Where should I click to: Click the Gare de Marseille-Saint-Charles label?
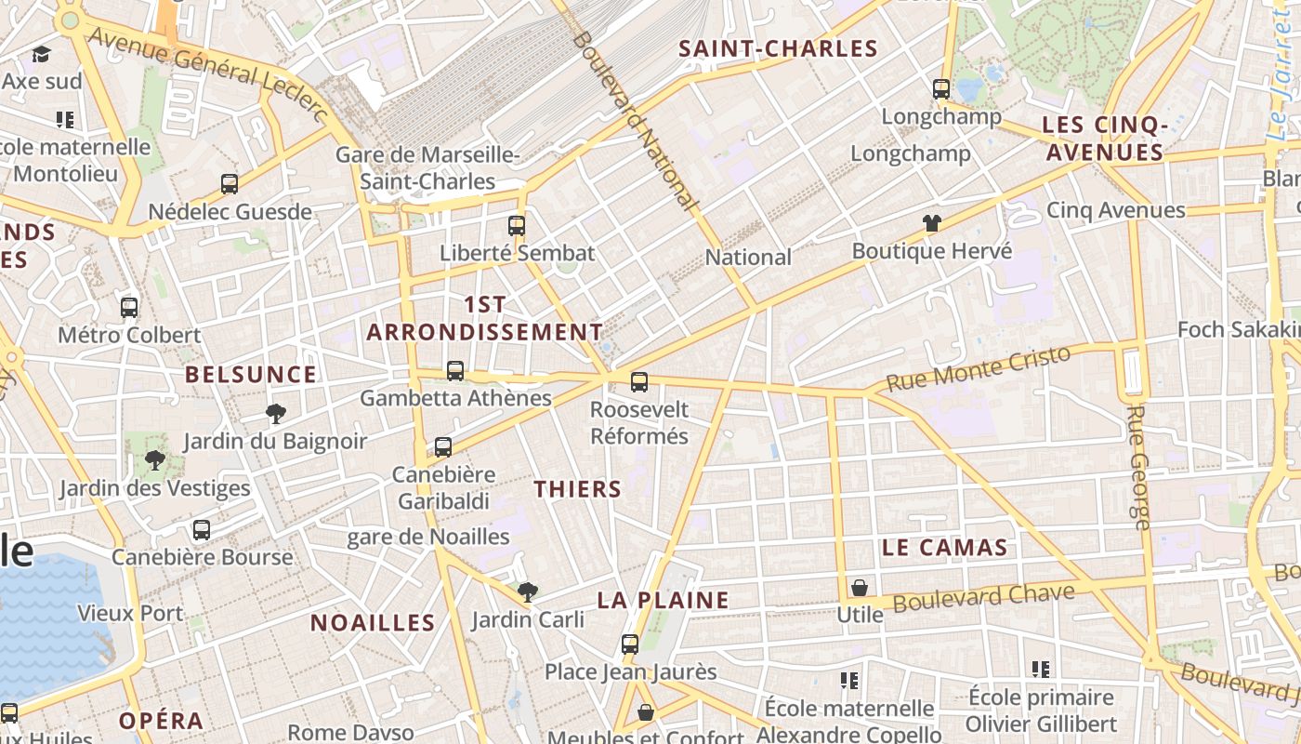(427, 167)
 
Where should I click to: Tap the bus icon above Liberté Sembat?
(517, 225)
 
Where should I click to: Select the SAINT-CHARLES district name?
(779, 49)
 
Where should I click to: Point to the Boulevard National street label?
(637, 119)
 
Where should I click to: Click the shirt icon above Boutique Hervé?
(932, 223)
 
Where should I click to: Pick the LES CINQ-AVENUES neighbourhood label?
(1104, 139)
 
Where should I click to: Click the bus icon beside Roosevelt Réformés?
(639, 381)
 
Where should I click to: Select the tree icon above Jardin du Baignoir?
(275, 413)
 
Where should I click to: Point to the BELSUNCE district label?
(251, 375)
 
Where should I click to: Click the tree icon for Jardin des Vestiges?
(155, 459)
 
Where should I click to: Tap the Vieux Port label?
(130, 614)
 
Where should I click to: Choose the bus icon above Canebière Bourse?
(202, 530)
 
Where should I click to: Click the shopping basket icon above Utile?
(860, 588)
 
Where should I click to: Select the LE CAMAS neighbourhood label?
(945, 548)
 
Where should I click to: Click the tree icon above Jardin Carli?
(528, 591)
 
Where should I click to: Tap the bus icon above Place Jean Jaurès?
(630, 644)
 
